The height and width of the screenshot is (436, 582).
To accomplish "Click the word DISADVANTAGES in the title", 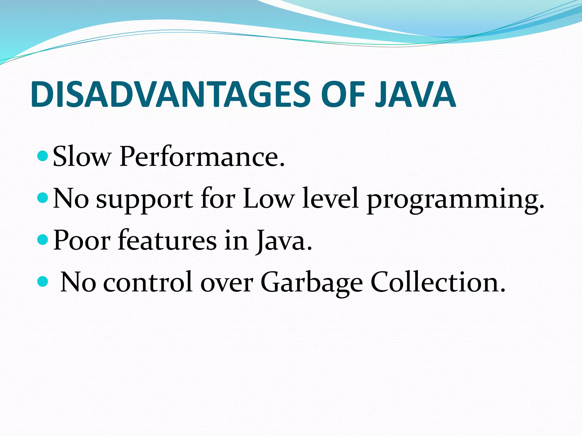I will [x=171, y=94].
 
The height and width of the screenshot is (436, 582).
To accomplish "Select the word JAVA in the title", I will [x=415, y=94].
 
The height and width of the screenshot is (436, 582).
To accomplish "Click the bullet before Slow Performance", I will [x=43, y=156].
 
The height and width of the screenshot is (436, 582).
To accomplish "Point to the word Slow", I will [x=82, y=157].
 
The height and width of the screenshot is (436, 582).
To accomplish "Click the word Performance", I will [x=202, y=157].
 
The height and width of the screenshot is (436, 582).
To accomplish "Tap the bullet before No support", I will [x=43, y=197].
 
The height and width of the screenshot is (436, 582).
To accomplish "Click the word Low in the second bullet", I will [x=268, y=198].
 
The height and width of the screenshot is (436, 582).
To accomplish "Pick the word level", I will [x=330, y=198].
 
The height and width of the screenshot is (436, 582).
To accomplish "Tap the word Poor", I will [x=82, y=240].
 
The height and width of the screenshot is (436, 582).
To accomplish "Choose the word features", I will [x=167, y=240].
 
